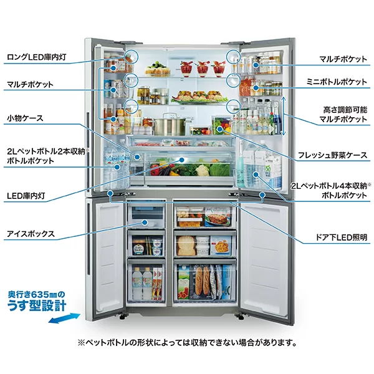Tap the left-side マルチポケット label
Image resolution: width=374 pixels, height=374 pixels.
[30, 84]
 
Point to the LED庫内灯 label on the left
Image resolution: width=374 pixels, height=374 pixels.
[26, 196]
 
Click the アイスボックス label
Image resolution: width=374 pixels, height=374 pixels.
[31, 234]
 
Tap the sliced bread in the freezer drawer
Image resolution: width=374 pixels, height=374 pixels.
[185, 246]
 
